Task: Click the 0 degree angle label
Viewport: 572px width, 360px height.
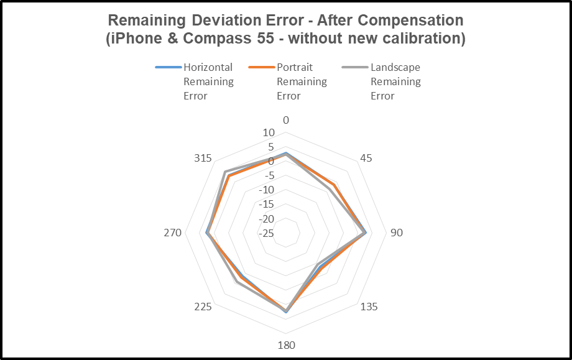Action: point(286,120)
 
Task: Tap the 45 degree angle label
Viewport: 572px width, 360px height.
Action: point(366,159)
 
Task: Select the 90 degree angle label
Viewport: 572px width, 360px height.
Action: point(396,233)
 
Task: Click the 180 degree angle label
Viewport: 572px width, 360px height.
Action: point(286,346)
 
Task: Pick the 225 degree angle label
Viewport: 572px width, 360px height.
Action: point(203,307)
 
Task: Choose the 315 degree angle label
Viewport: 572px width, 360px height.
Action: point(203,159)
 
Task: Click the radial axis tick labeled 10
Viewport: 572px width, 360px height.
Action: point(268,132)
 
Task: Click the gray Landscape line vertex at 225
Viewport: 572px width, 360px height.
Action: point(236,282)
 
